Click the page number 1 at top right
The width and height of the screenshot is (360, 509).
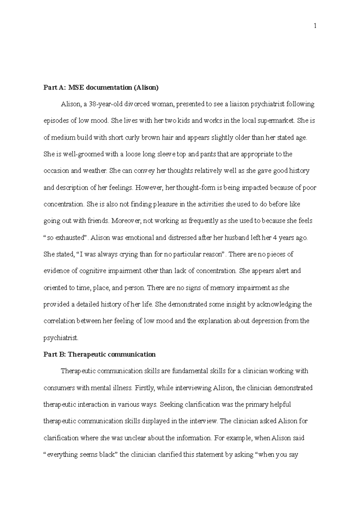coord(315,26)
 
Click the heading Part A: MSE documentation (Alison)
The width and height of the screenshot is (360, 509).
coord(101,88)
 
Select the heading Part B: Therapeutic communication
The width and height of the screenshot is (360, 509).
coord(100,354)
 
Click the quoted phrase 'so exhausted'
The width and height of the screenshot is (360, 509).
coord(66,238)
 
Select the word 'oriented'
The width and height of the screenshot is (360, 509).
coord(55,288)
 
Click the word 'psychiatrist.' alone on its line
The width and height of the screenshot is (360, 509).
coord(61,338)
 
